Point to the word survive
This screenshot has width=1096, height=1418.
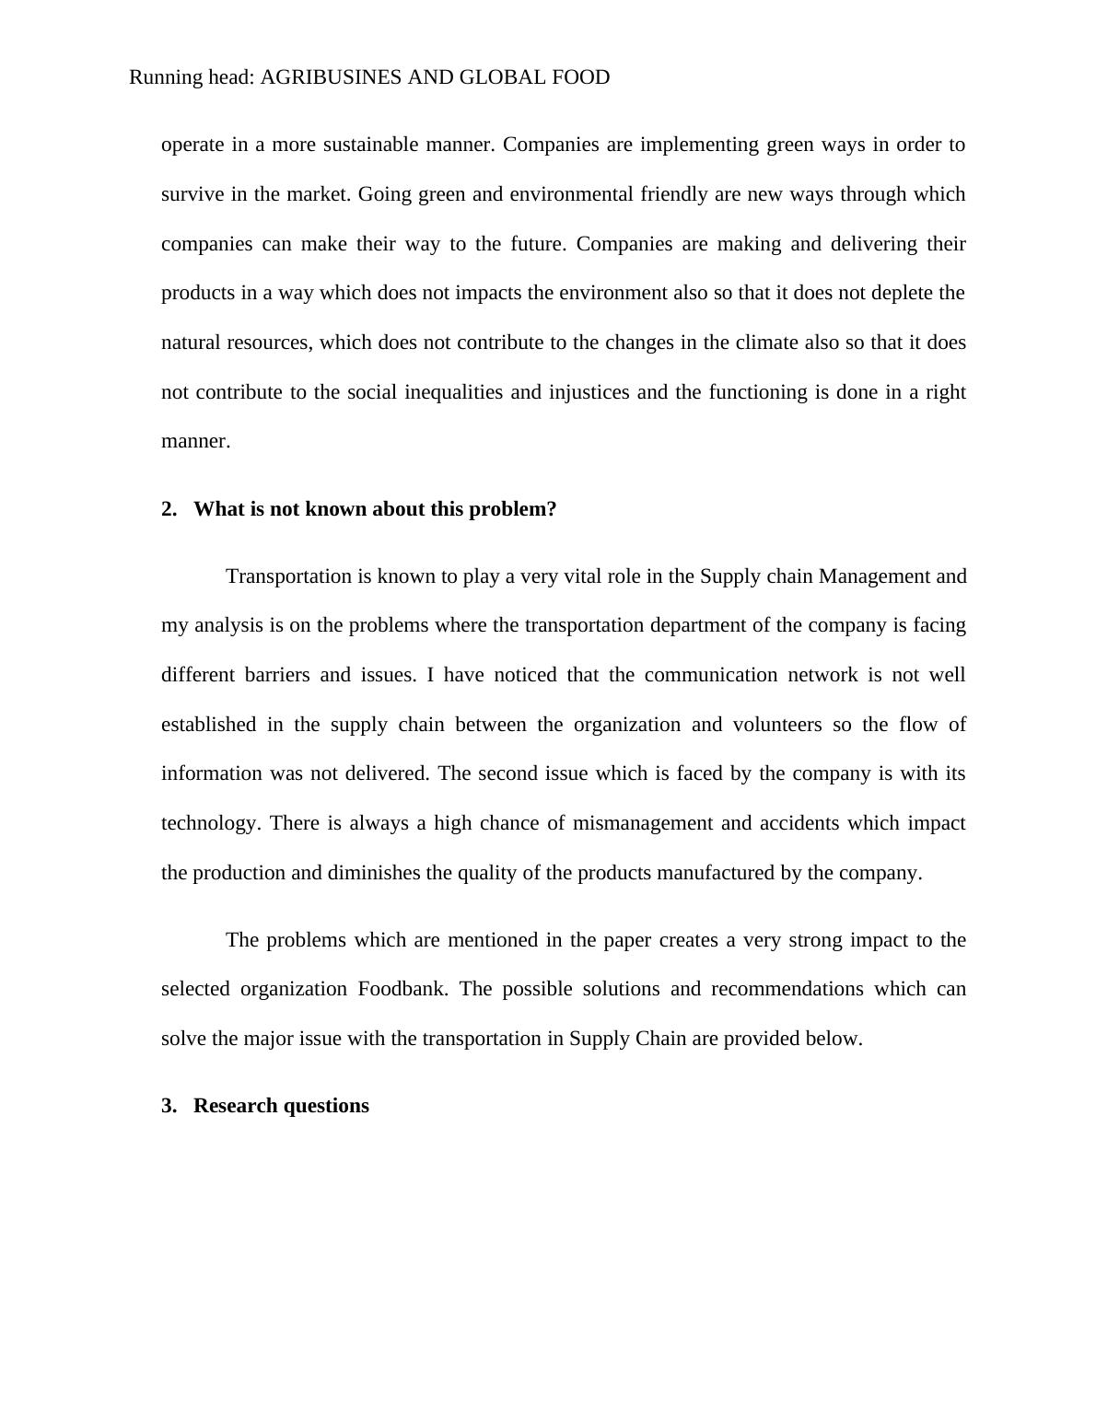[192, 194]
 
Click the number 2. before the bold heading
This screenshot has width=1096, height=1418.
[169, 509]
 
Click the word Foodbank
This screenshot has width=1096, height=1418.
[402, 989]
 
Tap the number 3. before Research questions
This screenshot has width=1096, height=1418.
[169, 1106]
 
